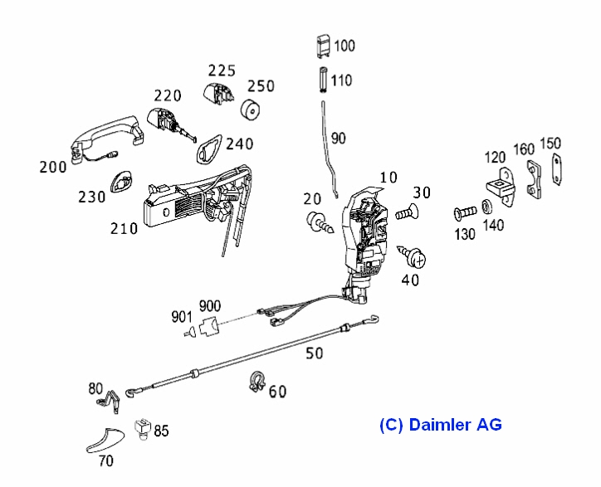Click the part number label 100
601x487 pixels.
343,45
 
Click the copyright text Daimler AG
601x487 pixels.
441,425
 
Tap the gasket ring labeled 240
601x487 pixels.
205,147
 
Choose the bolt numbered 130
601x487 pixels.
462,213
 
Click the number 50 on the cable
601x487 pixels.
314,353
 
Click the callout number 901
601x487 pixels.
183,315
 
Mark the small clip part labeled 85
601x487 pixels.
142,428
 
